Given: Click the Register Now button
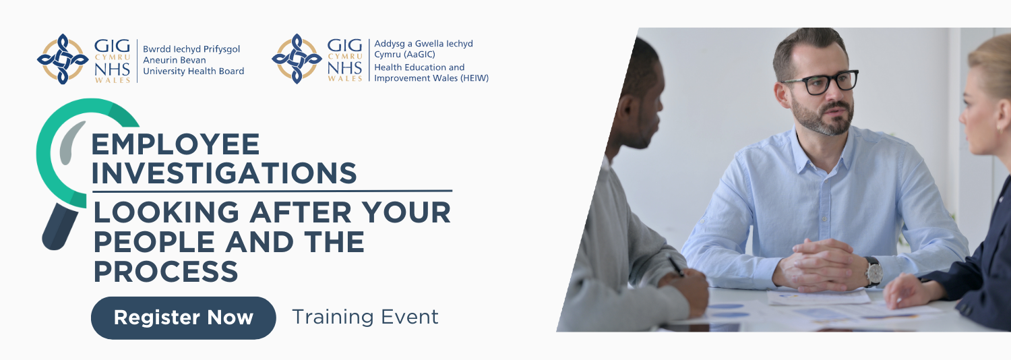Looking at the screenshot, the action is [183, 318].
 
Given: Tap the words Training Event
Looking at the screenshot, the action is [365, 317].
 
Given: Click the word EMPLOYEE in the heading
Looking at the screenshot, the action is [175, 144].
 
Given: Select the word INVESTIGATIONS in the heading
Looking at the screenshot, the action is [224, 173].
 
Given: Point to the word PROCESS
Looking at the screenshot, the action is [166, 271].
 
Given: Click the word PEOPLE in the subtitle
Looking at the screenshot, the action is [154, 241].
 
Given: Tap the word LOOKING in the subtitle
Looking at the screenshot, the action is [166, 212].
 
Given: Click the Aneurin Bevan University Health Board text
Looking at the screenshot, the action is [193, 60].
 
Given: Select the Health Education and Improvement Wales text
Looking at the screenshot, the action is [431, 73].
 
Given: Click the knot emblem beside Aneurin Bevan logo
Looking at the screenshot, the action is [63, 59].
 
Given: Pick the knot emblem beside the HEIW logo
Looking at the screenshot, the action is [297, 59].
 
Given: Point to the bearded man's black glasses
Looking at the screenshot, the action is [820, 82].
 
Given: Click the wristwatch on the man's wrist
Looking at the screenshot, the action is [874, 272].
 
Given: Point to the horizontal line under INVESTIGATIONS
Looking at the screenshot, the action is [272, 191].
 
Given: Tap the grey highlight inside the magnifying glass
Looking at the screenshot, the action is [71, 142].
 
